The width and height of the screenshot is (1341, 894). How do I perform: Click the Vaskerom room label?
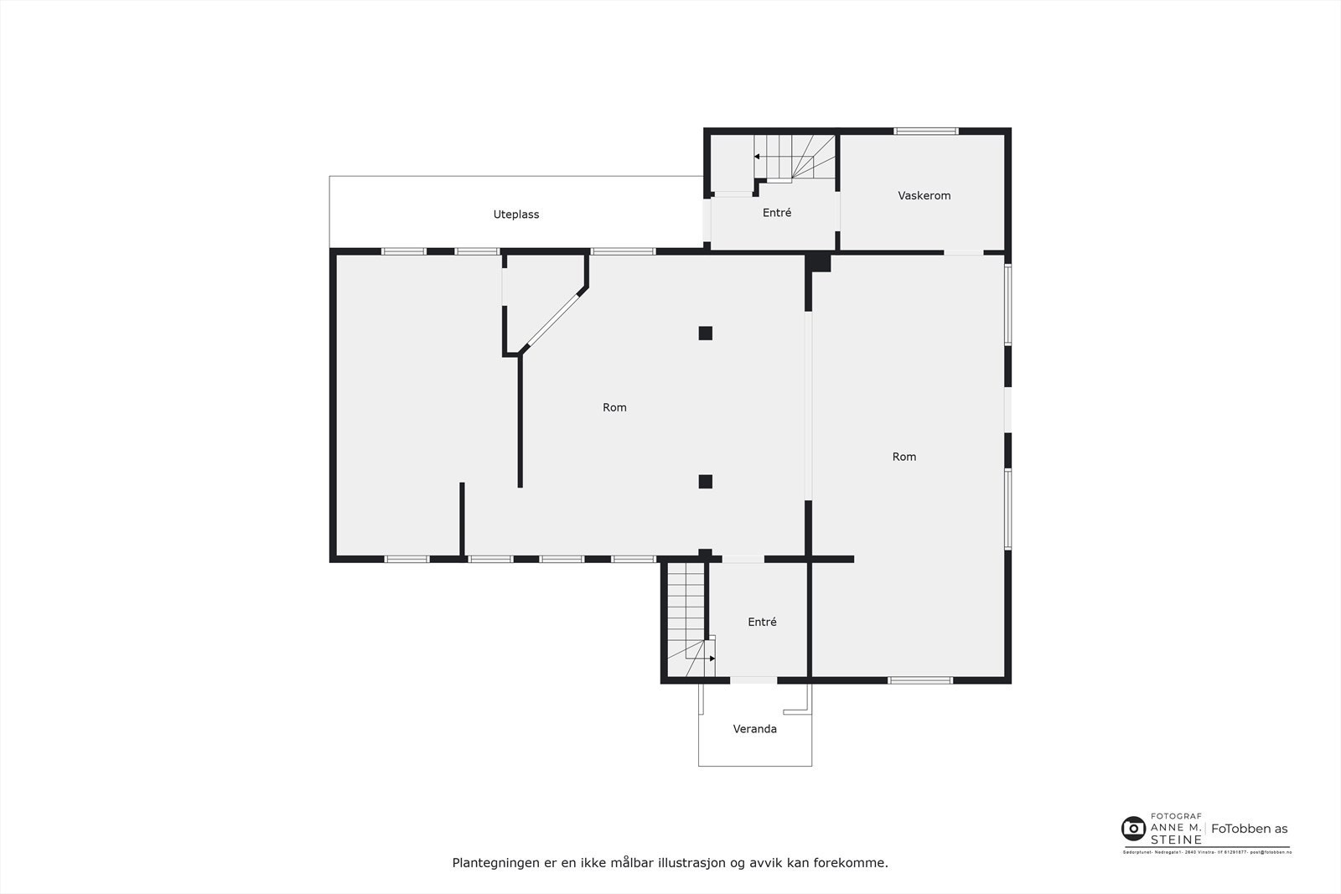coord(924,195)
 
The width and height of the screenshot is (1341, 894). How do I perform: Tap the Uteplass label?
coord(515,214)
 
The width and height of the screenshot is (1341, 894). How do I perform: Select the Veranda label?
coord(754,729)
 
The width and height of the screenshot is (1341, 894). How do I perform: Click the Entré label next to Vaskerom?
coord(776,213)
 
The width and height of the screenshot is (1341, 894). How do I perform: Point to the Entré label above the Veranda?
coord(762,622)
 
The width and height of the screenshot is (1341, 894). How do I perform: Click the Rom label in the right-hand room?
coord(903,457)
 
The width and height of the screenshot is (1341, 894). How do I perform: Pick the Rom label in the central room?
coord(614,407)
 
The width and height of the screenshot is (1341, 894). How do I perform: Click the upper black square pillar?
coord(706,333)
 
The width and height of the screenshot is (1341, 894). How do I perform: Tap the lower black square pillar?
coord(706,481)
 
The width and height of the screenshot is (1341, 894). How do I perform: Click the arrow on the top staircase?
coord(757,157)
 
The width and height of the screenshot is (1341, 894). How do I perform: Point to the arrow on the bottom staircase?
coord(712,659)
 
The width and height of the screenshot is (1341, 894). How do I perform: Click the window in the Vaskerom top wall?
coord(925,131)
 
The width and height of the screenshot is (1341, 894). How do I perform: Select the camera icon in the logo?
coord(1133,829)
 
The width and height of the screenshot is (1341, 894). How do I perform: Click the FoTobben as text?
coord(1249,829)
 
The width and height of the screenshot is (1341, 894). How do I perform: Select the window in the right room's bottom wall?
coord(920,680)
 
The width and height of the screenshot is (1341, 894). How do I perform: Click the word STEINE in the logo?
coord(1176,840)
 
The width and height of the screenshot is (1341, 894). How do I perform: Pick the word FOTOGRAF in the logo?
coord(1176,815)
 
